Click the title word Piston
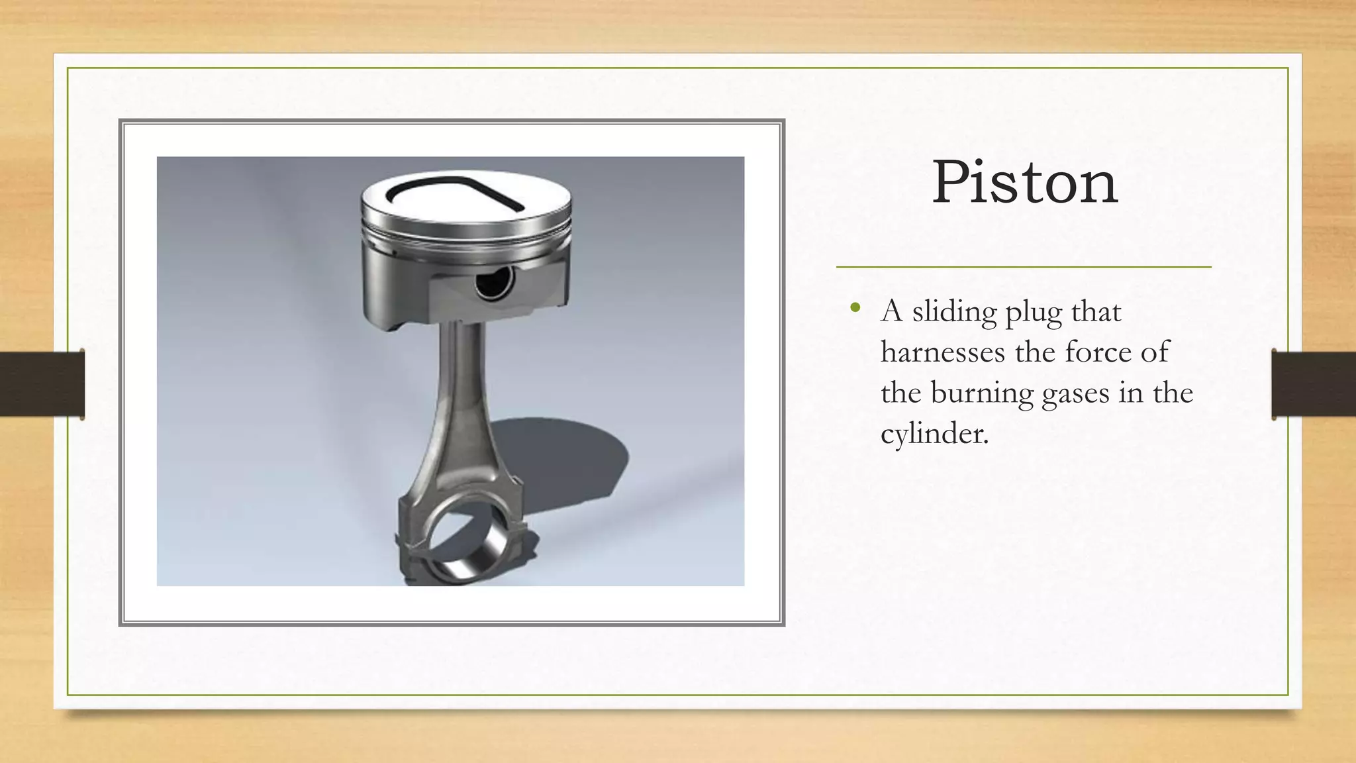pyautogui.click(x=1025, y=182)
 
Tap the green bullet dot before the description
pyautogui.click(x=855, y=307)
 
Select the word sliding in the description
pyautogui.click(x=954, y=311)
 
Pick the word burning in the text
pyautogui.click(x=982, y=393)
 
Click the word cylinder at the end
pyautogui.click(x=934, y=434)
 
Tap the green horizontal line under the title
pyautogui.click(x=1024, y=267)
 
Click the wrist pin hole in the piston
pyautogui.click(x=494, y=283)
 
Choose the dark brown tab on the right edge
pyautogui.click(x=1314, y=384)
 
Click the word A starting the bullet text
pyautogui.click(x=892, y=311)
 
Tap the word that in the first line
pyautogui.click(x=1096, y=311)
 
